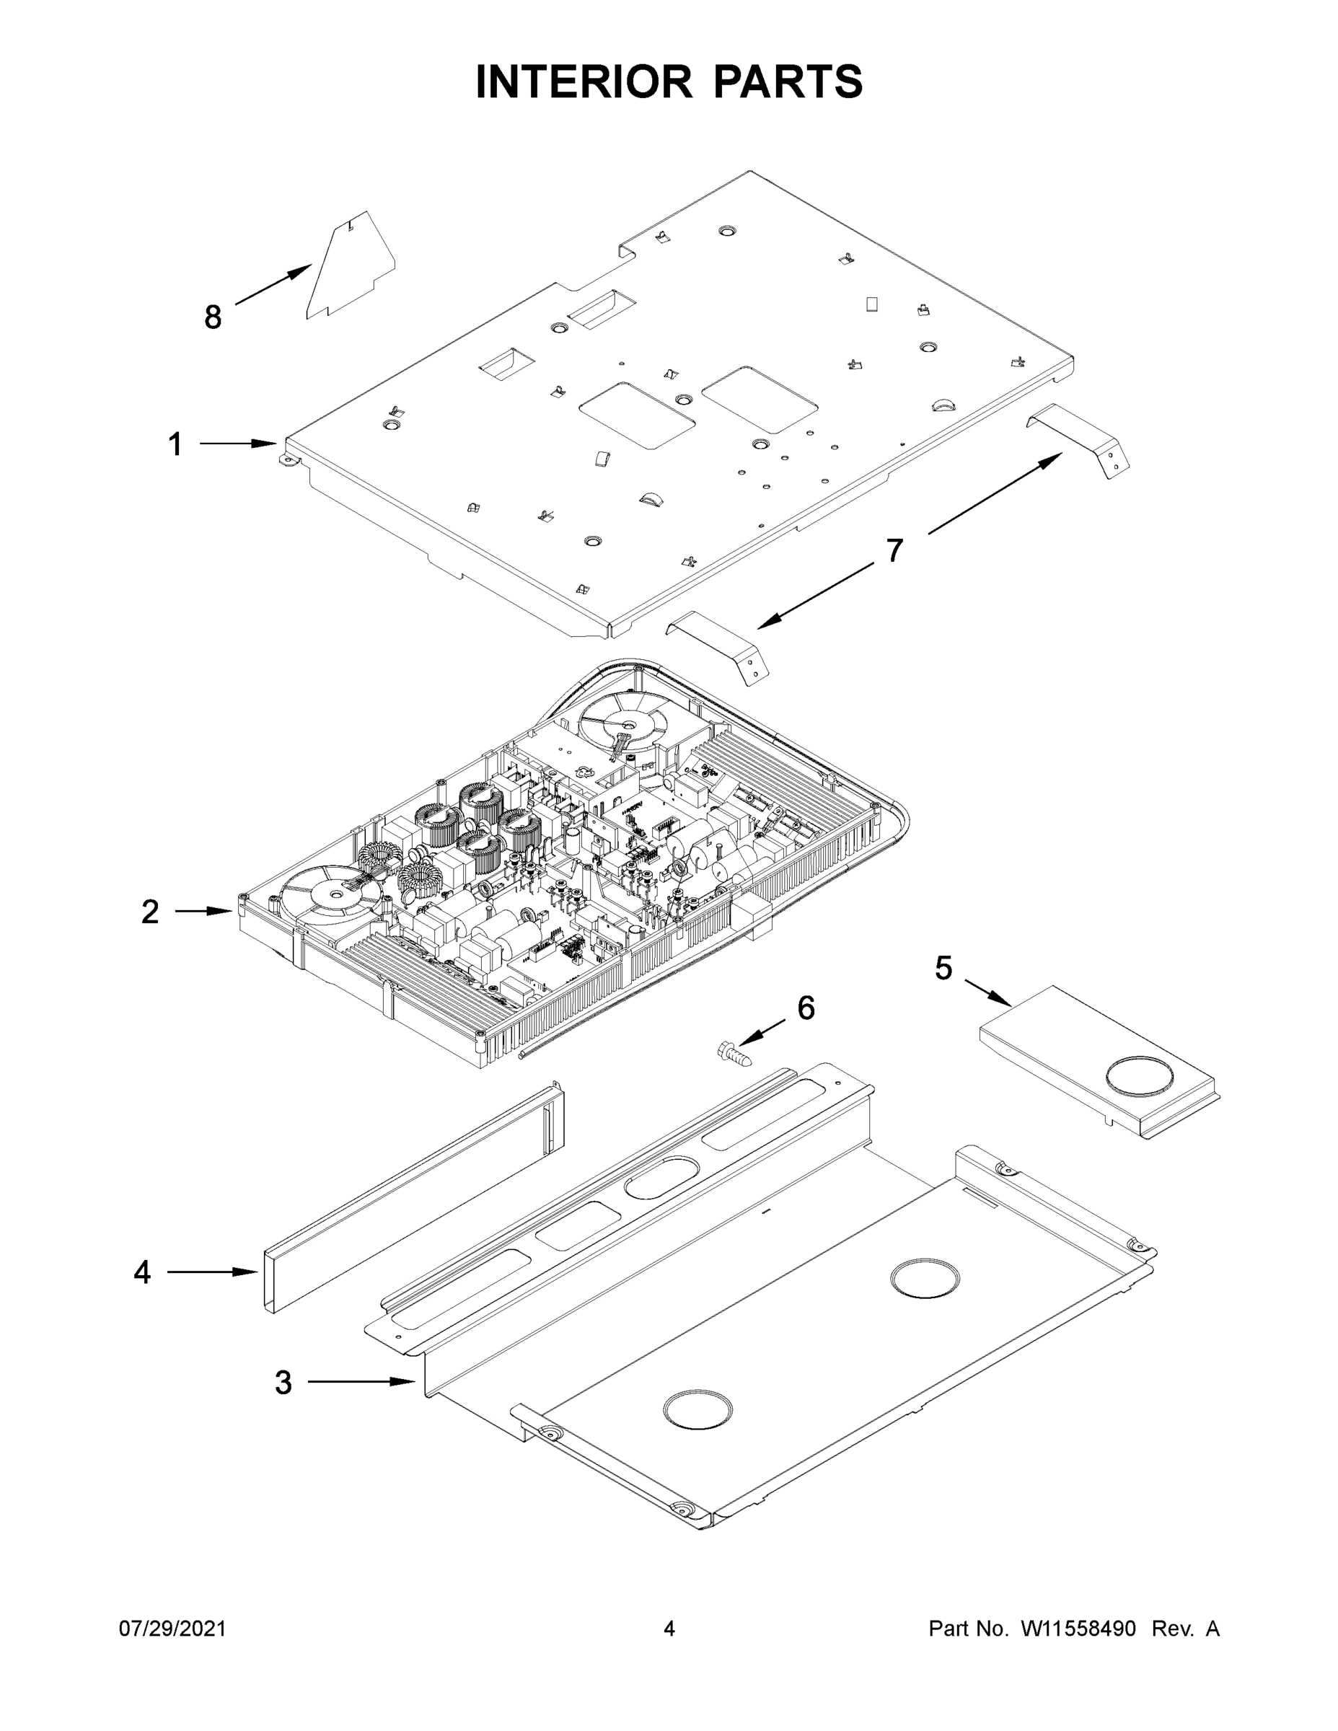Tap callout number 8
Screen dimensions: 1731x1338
[x=213, y=317]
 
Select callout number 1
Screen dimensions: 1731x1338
[x=175, y=444]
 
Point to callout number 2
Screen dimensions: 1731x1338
[x=150, y=912]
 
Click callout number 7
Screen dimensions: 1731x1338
[x=894, y=550]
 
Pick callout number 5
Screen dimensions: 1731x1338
[x=943, y=968]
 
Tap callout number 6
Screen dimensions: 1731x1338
[x=806, y=1008]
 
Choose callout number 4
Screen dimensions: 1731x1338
[x=142, y=1272]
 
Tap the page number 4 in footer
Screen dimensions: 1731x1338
[x=669, y=1629]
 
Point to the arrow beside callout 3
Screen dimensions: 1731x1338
[x=361, y=1381]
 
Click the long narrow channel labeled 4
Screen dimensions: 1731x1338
[x=412, y=1197]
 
